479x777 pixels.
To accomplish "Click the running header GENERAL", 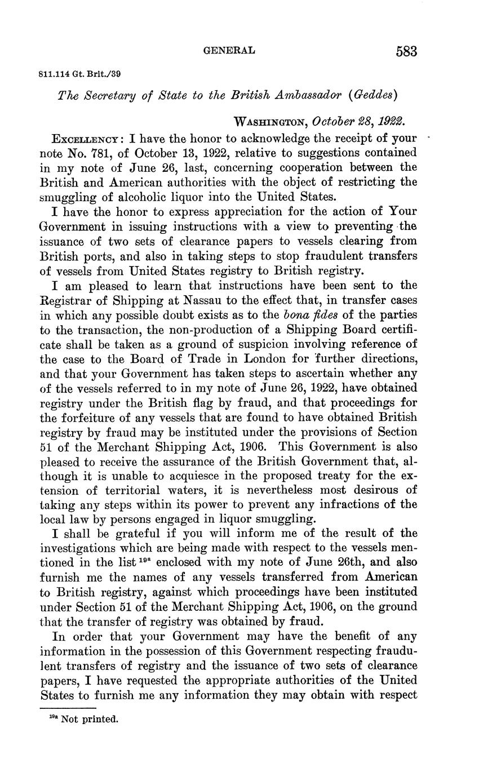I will (229, 51).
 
